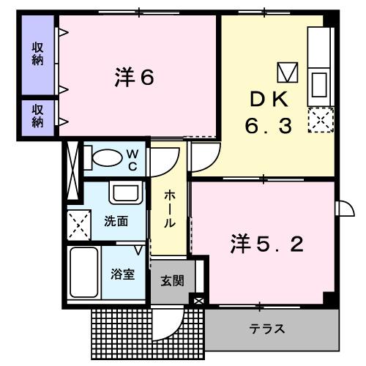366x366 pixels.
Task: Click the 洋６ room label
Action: click(x=133, y=78)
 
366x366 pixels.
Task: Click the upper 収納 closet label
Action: click(x=37, y=53)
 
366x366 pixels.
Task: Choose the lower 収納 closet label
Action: click(x=37, y=116)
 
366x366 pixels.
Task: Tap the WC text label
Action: click(x=134, y=160)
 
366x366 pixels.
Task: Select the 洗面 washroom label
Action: click(x=116, y=220)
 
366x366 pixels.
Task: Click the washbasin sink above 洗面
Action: click(x=122, y=193)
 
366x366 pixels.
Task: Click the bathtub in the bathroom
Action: click(x=84, y=272)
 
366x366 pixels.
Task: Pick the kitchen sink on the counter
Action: click(x=320, y=84)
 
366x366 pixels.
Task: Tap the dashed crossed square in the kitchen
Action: click(x=320, y=119)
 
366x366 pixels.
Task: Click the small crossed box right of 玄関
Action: click(x=198, y=300)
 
